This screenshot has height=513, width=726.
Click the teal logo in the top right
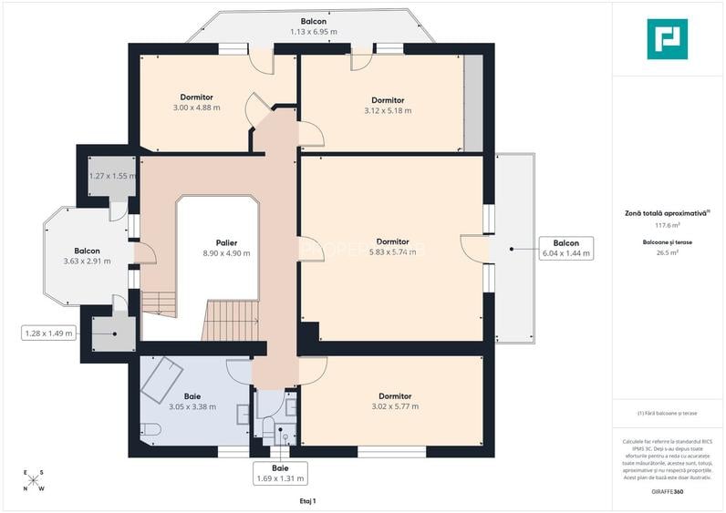[x=667, y=38]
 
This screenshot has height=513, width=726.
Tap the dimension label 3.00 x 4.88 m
[x=196, y=108]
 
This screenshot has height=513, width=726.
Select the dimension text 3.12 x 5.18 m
[x=388, y=111]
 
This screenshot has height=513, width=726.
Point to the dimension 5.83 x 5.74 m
[x=392, y=252]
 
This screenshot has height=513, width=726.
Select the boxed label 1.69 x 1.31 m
[x=281, y=478]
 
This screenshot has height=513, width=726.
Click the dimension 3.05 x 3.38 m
[x=192, y=407]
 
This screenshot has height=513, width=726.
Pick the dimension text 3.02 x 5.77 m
[x=394, y=407]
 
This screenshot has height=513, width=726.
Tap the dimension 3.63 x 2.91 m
[x=87, y=262]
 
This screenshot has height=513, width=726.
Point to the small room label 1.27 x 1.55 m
[x=112, y=176]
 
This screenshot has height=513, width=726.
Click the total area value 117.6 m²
[x=668, y=225]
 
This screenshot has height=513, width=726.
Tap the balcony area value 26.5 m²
[x=668, y=254]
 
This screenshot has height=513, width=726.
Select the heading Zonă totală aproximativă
[x=667, y=212]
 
